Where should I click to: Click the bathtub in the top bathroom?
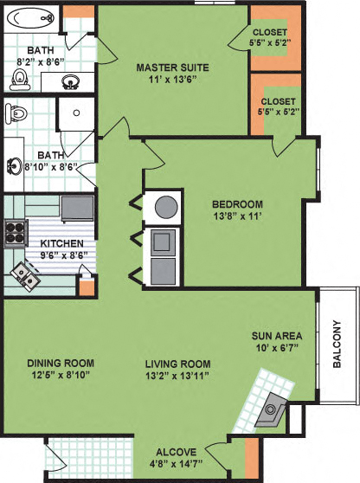tap(29, 17)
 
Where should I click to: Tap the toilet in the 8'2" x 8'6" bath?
tap(19, 80)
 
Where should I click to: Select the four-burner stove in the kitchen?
tap(15, 232)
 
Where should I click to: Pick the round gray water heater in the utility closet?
tap(164, 207)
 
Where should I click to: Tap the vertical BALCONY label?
tap(337, 345)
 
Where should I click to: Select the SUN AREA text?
tap(273, 336)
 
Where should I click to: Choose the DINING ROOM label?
tap(60, 363)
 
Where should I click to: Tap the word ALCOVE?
tap(176, 452)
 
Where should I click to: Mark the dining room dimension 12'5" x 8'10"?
tap(60, 376)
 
